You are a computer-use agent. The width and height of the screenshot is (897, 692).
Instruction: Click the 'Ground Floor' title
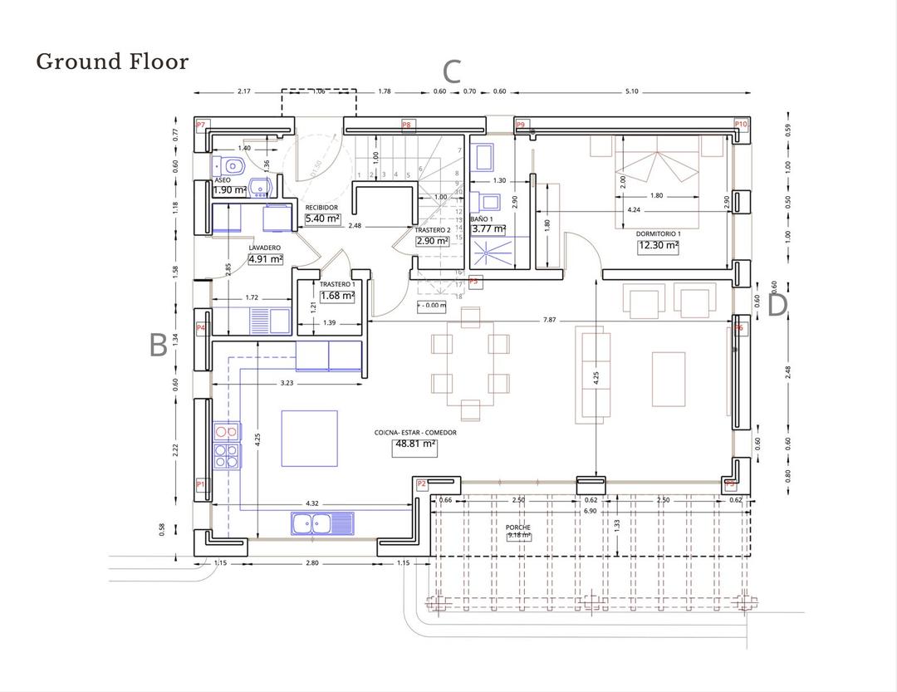pos(112,61)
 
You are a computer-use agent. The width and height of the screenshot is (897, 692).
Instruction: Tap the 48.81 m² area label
pos(414,444)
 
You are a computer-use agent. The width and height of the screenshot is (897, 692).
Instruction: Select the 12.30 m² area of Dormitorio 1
pos(658,246)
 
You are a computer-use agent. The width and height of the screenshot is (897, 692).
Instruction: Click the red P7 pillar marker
pos(200,125)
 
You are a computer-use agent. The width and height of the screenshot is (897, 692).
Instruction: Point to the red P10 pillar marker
pos(741,124)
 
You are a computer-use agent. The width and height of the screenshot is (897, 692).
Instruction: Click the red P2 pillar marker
pos(421,483)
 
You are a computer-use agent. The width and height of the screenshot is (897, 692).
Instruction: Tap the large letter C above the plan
pos(451,71)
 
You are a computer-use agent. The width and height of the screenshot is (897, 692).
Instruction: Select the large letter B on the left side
pos(158,346)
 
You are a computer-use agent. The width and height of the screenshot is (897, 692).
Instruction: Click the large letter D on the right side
pos(777,306)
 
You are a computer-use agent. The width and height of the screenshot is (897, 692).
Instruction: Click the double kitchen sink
pos(321,523)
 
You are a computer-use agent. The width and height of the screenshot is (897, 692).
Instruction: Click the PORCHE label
pos(517,528)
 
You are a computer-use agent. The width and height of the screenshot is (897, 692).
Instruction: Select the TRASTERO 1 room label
pos(336,284)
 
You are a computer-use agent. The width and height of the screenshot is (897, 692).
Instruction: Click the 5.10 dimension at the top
pos(631,91)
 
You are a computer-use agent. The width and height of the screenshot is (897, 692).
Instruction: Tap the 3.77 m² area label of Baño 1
pos(488,229)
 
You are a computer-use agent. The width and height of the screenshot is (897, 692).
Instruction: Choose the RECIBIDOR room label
pos(321,208)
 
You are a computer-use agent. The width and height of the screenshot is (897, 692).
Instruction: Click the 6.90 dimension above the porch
pos(590,510)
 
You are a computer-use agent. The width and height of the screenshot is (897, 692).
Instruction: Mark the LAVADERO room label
pos(265,248)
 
